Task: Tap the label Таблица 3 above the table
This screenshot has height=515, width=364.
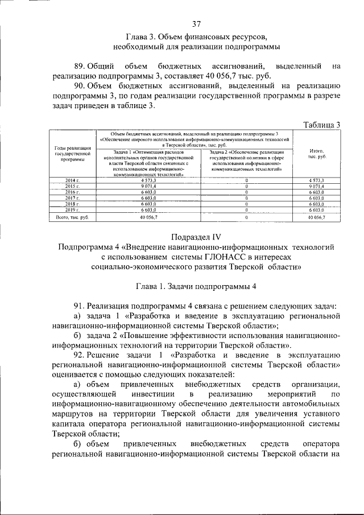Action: (321, 125)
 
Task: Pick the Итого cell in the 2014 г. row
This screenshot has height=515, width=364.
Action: (316, 180)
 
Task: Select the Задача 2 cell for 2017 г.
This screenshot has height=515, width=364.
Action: (247, 197)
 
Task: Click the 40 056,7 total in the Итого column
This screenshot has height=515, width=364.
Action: (316, 217)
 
